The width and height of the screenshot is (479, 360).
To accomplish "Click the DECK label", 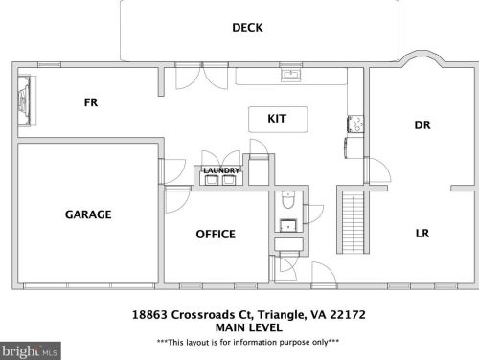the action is pos(247,28).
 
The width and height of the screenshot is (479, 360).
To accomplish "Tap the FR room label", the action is pos(91,102).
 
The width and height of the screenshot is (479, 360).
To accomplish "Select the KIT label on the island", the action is pos(277,119).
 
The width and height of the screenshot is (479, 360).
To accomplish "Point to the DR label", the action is pos(422,124).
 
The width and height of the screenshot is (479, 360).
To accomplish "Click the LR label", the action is pos(422,234).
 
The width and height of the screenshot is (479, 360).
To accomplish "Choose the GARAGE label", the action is pos(88,214).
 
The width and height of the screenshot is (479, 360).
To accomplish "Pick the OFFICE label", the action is pos(216,235).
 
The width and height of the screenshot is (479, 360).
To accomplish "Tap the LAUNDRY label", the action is pos(221,170).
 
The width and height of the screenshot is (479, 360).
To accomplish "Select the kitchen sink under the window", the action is pos(290,76).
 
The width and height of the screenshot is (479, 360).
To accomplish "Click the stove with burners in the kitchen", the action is pos(355,124).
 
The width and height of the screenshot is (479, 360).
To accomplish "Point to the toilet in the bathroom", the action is pos(288,200).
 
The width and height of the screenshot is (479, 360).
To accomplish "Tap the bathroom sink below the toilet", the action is pos(288,225).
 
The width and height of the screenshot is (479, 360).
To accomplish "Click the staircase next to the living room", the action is pos(353,221).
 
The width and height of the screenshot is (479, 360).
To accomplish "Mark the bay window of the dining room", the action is pos(422,58).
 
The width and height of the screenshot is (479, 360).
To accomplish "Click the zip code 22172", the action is pos(348,315).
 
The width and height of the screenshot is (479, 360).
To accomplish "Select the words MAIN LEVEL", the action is pos(249,327).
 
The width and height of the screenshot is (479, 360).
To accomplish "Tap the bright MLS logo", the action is pos(31,351).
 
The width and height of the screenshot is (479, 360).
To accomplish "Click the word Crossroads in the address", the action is pos(203,315).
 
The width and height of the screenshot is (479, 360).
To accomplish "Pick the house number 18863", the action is pos(149,315).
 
